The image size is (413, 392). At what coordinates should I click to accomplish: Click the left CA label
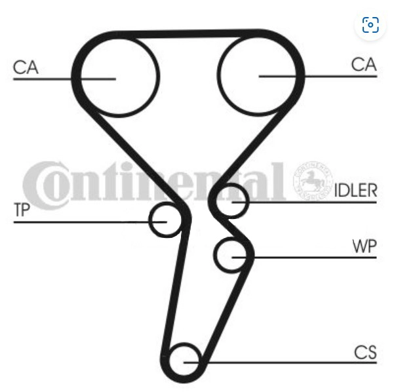click(x=26, y=68)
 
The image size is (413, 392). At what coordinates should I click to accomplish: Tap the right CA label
click(x=364, y=64)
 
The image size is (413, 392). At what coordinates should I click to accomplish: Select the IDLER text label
click(x=355, y=190)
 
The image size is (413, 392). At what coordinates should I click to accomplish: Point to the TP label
click(x=22, y=210)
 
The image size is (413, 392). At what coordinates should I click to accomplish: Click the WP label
click(x=364, y=246)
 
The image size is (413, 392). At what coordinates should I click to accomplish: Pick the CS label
click(x=365, y=352)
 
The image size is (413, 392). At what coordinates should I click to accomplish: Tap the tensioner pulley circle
click(x=150, y=220)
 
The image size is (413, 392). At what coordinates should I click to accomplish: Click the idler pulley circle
click(x=247, y=201)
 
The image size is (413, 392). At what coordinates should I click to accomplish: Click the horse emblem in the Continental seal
click(x=312, y=180)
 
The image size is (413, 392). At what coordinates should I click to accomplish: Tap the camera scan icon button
click(x=370, y=25)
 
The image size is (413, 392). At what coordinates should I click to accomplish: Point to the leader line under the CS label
click(x=281, y=363)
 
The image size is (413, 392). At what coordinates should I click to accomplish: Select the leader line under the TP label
click(x=90, y=222)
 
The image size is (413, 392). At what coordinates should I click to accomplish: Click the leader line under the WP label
click(x=304, y=258)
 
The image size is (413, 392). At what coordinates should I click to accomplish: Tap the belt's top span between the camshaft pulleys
click(x=187, y=34)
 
